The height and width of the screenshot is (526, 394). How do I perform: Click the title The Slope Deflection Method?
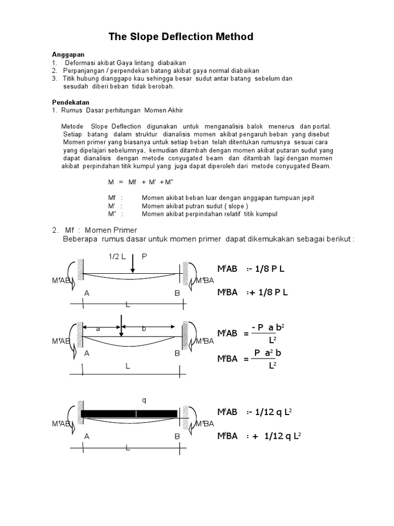[x=181, y=37]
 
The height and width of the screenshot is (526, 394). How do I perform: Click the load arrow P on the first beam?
[x=132, y=263]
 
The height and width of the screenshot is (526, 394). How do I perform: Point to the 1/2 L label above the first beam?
[x=117, y=256]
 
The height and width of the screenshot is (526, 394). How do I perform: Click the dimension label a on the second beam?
[x=97, y=329]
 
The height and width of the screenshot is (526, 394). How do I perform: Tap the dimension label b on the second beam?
[x=144, y=329]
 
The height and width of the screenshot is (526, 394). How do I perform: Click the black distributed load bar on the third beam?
[x=129, y=414]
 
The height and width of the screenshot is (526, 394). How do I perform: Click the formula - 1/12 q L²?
[x=269, y=412]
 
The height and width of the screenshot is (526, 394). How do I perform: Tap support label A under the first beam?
[x=87, y=293]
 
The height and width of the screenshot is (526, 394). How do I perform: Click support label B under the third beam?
[x=177, y=437]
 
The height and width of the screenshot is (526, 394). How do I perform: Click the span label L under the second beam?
[x=128, y=367]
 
